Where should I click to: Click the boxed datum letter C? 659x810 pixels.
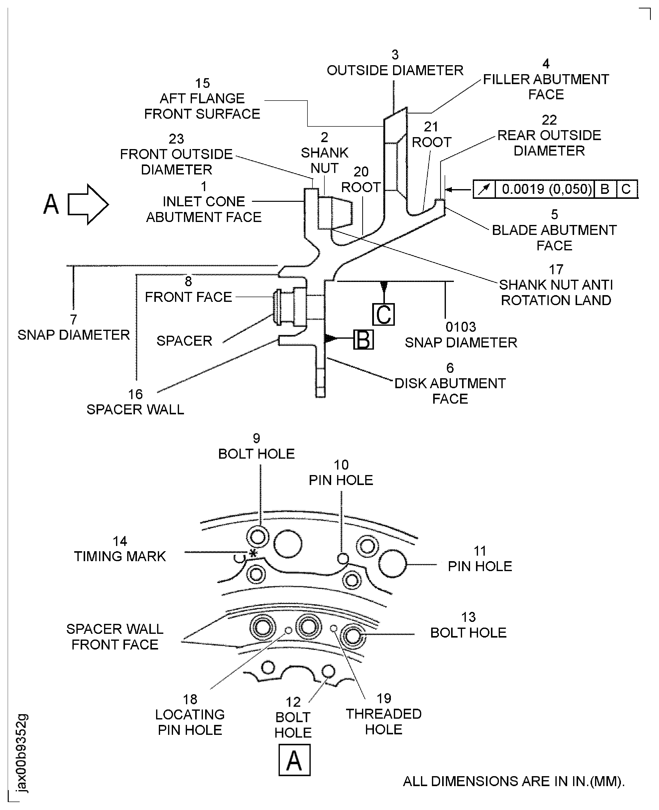tap(383, 315)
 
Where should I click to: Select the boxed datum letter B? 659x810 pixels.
tap(363, 340)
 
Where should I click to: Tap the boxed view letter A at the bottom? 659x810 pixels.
tap(294, 760)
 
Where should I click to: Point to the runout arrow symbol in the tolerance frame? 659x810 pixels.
tap(484, 189)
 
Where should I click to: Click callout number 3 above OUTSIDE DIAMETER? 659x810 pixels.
tap(395, 55)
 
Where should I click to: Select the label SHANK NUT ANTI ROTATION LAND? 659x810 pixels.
tap(556, 292)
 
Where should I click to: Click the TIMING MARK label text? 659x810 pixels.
tap(120, 556)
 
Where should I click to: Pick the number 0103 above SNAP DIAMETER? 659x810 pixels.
tap(461, 327)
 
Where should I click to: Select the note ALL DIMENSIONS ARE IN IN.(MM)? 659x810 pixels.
tap(514, 781)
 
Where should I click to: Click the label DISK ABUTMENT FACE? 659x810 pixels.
tap(450, 391)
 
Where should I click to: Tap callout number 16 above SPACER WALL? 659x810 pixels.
tap(135, 394)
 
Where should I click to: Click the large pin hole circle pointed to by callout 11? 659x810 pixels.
tap(392, 564)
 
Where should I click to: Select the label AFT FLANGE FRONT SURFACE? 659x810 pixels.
tap(202, 106)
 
